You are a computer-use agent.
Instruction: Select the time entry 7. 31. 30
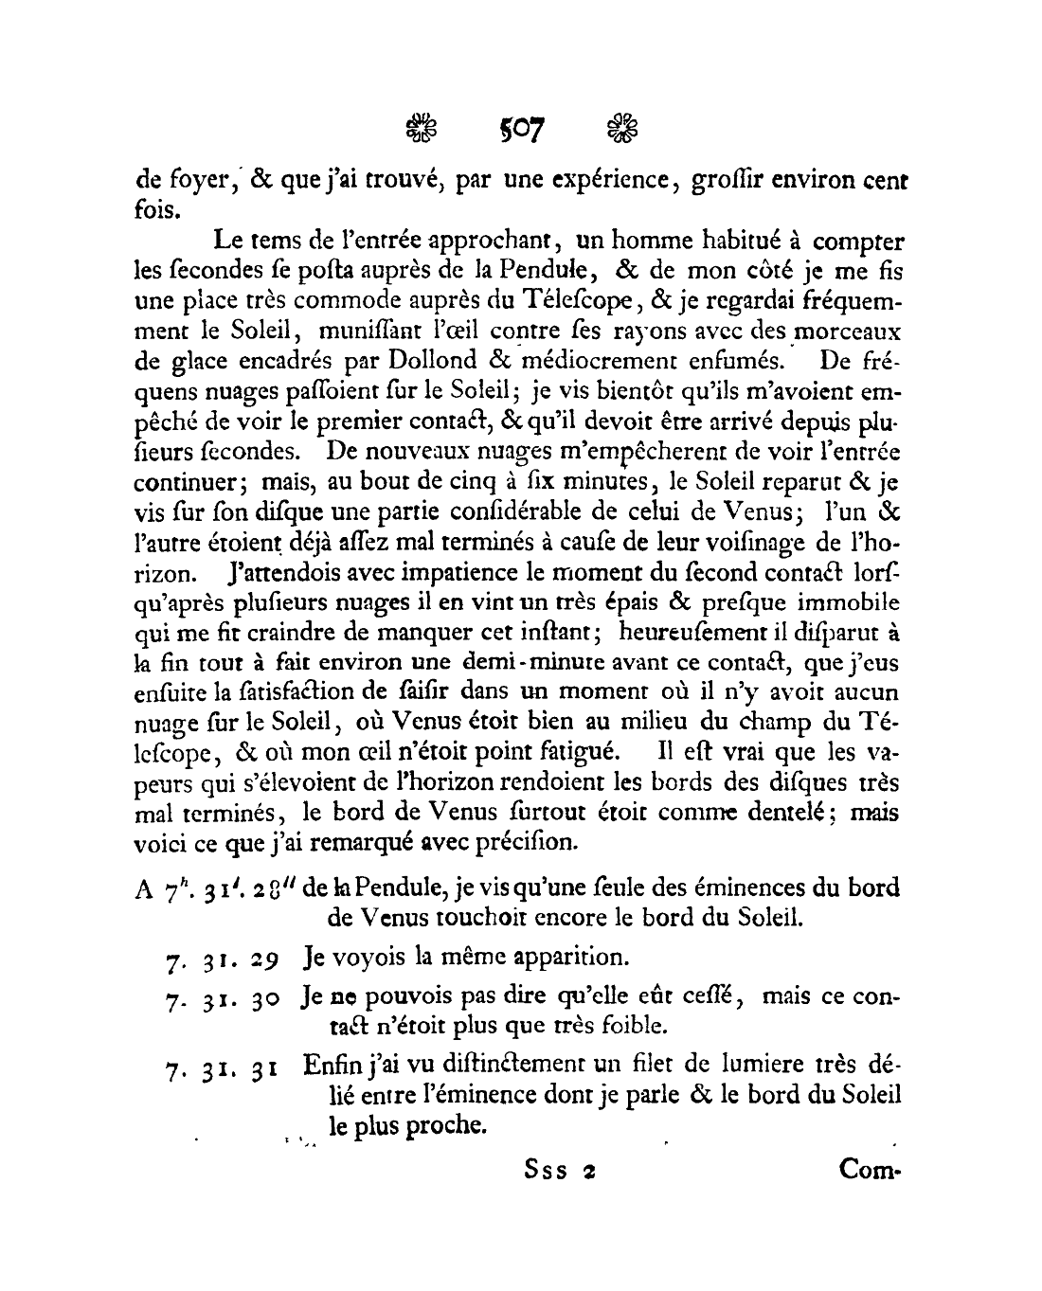(x=219, y=998)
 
